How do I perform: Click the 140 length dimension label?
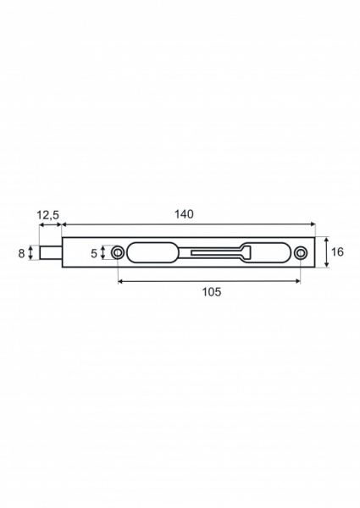(184, 214)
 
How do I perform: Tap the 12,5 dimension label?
(47, 214)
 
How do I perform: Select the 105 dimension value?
(212, 292)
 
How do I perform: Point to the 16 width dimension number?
(337, 252)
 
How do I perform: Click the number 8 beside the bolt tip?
(21, 253)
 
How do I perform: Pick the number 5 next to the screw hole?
(94, 253)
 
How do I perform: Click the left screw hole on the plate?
(117, 252)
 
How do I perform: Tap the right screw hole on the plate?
(301, 252)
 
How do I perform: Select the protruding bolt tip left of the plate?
(50, 252)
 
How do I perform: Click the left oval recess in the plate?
(152, 252)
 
